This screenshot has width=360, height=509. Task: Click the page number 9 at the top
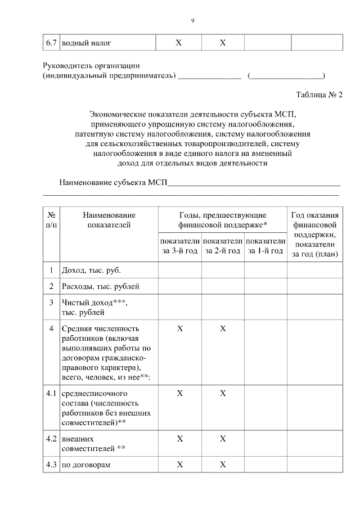pos(192,21)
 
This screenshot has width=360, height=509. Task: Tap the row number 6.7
pos(51,43)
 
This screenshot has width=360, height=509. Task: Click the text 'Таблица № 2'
pos(319,94)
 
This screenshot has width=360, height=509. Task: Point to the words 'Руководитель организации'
pos(92,66)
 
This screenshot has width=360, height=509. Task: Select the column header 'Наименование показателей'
pos(109,220)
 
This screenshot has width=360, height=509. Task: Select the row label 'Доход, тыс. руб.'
pos(91,270)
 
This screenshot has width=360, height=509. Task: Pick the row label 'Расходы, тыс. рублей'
pos(101,286)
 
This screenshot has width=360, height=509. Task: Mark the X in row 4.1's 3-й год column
pos(180,393)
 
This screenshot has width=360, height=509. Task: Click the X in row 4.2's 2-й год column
pos(223,438)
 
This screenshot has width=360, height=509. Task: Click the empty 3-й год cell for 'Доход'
pos(180,270)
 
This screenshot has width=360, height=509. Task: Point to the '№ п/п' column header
pos(51,220)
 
